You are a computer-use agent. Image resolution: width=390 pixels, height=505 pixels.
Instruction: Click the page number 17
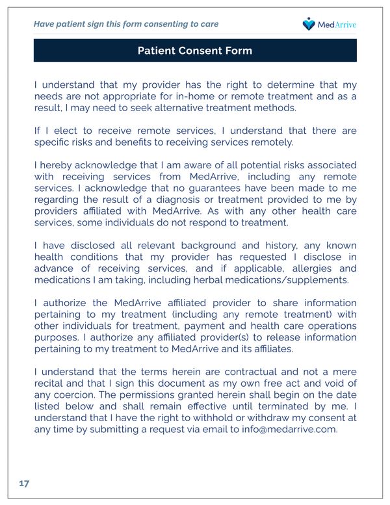[x=24, y=484]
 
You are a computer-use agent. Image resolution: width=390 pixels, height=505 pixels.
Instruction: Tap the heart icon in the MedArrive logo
[x=309, y=24]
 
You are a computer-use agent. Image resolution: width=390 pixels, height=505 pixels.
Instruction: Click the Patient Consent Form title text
[x=195, y=51]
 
